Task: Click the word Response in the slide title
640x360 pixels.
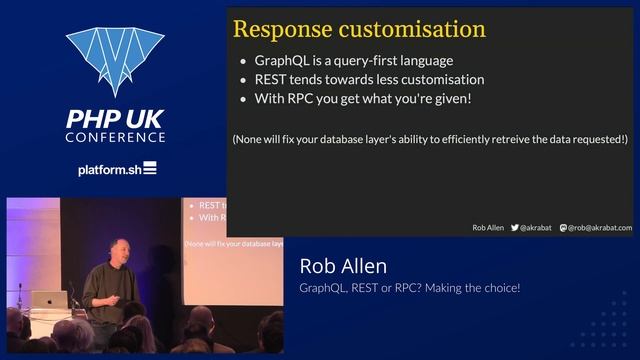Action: tap(277, 28)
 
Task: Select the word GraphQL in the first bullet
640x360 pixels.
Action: tap(281, 61)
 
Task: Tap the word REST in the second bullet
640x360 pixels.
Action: tap(271, 79)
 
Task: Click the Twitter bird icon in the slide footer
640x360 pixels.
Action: tap(515, 228)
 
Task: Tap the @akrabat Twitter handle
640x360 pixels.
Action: tap(538, 228)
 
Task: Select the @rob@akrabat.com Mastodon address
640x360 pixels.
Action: tap(600, 228)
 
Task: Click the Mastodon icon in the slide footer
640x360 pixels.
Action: tap(564, 228)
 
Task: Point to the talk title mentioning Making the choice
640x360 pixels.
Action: tap(409, 289)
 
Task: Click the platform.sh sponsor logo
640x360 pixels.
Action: tap(116, 169)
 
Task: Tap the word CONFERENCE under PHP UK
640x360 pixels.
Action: tap(116, 136)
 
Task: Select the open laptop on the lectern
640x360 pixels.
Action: tap(49, 300)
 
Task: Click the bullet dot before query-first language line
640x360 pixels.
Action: tap(245, 61)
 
